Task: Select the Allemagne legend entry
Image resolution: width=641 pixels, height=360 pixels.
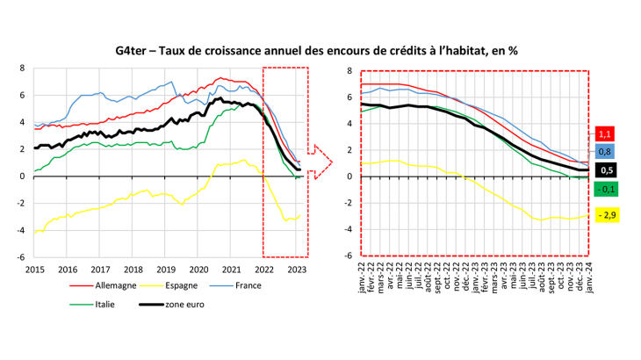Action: pyautogui.click(x=112, y=285)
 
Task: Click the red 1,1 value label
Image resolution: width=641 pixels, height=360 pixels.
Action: pyautogui.click(x=604, y=133)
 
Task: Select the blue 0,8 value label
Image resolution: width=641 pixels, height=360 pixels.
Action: pyautogui.click(x=604, y=151)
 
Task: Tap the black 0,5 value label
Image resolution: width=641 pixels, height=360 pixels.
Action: pyautogui.click(x=604, y=170)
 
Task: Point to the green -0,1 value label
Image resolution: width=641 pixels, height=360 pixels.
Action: pyautogui.click(x=604, y=189)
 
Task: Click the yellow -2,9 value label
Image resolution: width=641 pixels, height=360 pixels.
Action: pyautogui.click(x=604, y=214)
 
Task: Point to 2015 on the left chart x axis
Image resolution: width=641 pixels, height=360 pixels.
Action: pyautogui.click(x=35, y=270)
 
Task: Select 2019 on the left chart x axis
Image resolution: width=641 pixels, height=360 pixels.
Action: pyautogui.click(x=166, y=270)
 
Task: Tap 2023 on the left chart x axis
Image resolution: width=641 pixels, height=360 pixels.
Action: pyautogui.click(x=297, y=270)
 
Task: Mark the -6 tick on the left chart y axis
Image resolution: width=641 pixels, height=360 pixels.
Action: pyautogui.click(x=23, y=257)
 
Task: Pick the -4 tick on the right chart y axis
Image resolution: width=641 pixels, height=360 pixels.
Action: pyautogui.click(x=349, y=230)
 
